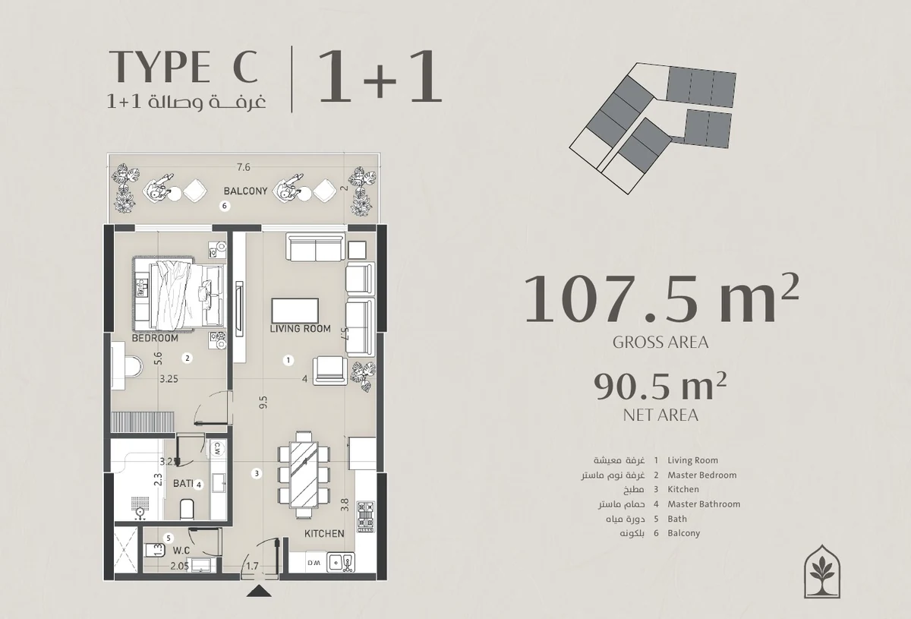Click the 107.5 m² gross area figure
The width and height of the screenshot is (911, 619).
[662, 298]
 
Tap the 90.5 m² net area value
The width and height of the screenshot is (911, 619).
[660, 387]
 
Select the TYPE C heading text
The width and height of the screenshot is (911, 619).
[184, 66]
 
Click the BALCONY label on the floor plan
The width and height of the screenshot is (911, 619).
[245, 191]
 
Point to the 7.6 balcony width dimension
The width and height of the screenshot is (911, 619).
[243, 167]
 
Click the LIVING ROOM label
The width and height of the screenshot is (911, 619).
[300, 328]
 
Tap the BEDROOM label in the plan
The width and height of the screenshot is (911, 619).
[155, 338]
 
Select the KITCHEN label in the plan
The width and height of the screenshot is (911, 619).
[324, 533]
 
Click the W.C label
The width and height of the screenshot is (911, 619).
[181, 551]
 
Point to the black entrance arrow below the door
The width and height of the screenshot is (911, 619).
[259, 592]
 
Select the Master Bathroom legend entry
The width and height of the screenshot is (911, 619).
[704, 504]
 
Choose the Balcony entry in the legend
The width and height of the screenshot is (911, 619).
[684, 533]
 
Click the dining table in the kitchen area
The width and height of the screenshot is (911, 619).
[304, 475]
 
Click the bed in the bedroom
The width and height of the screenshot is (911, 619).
[179, 295]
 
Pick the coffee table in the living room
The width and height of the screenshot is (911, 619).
[295, 311]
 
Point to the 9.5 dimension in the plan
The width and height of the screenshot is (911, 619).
[263, 403]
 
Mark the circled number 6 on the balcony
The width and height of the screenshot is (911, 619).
[224, 206]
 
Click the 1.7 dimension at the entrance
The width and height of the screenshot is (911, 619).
[252, 566]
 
